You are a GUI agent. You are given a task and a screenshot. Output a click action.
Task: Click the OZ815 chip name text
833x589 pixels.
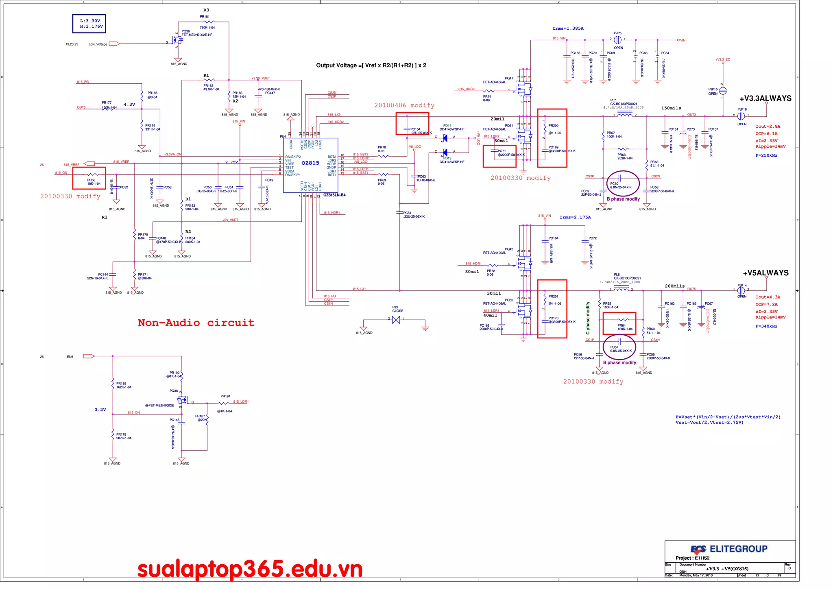310,163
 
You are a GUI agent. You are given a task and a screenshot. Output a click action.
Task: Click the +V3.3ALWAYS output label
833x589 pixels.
765,98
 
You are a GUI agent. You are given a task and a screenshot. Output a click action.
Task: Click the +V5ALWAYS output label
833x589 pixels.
765,273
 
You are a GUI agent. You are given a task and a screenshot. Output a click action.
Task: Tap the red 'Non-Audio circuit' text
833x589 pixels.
196,323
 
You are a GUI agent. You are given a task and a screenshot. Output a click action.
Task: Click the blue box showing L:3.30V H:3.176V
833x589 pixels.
89,24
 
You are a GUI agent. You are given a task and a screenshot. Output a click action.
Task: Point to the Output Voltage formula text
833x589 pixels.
371,65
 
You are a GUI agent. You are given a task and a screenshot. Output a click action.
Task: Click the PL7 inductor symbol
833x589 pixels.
625,115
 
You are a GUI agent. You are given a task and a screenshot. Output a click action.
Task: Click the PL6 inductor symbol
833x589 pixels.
621,289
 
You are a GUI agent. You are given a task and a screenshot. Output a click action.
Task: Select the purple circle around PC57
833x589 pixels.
619,347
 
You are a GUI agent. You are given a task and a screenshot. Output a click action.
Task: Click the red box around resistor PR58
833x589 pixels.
89,178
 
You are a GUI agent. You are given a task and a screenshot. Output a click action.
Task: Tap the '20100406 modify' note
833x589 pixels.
404,105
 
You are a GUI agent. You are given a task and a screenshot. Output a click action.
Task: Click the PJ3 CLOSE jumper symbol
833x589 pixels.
396,320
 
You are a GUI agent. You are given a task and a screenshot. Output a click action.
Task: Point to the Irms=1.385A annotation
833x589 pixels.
568,28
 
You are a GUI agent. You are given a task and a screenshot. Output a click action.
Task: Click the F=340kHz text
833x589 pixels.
766,326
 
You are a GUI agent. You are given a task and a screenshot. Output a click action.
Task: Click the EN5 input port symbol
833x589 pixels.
89,356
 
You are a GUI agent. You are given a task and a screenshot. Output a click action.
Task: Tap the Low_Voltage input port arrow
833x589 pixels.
114,44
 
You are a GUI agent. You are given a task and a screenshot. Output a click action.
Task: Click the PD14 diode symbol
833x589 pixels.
445,138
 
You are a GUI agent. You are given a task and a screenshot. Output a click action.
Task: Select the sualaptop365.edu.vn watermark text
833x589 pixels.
250,569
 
